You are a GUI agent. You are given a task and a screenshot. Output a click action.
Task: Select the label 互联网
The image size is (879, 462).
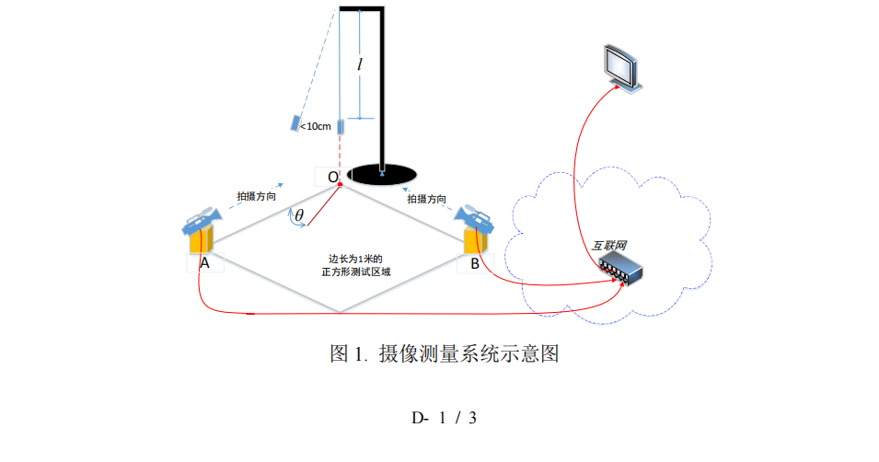click(608, 246)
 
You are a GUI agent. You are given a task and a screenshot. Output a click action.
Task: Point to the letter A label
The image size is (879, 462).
click(204, 263)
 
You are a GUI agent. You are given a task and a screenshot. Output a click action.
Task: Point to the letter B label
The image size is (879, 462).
click(474, 263)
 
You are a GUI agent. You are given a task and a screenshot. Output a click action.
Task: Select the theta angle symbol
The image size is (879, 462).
click(299, 216)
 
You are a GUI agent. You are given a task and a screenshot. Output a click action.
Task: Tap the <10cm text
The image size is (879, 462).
click(316, 126)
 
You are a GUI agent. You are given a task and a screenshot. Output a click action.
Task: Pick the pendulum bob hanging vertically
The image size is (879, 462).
click(341, 127)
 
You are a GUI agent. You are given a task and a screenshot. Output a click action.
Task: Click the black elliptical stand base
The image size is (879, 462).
click(381, 173)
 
